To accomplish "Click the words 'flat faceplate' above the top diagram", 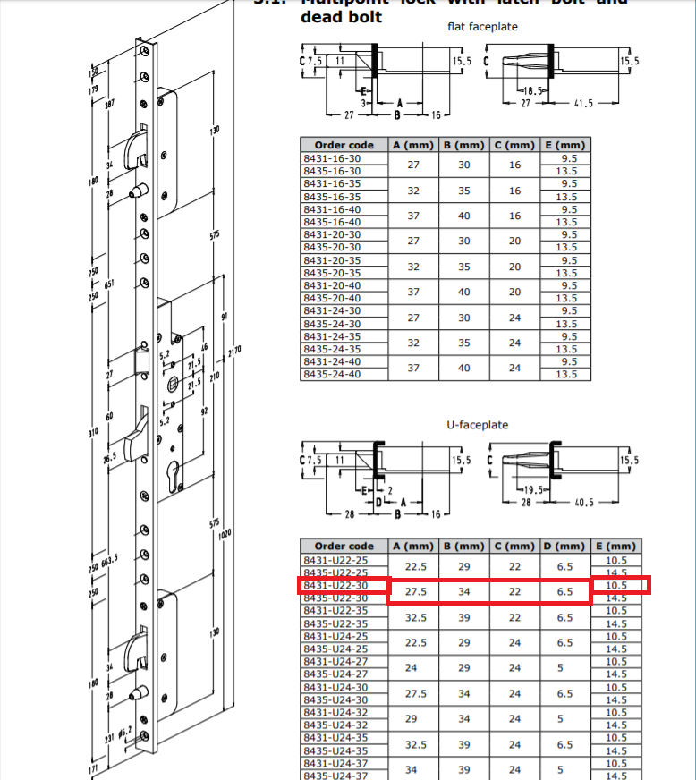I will point(482,27).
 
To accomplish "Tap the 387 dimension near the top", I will point(109,105).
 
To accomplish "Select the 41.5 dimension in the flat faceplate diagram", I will point(583,104).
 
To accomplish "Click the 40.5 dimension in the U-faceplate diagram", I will point(583,503).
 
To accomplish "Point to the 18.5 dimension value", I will point(534,91).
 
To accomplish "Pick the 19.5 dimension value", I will point(534,490).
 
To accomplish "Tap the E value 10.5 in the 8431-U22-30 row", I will point(616,585).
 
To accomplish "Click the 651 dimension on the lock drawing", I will point(109,284).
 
